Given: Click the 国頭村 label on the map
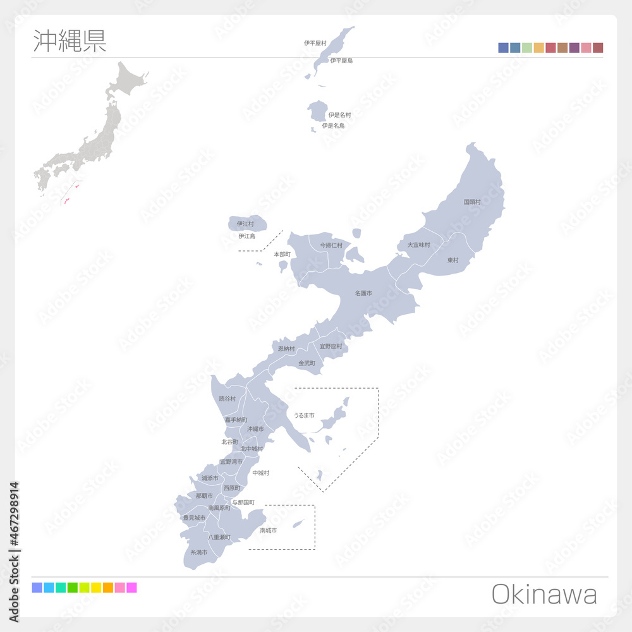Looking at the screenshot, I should click(x=472, y=202).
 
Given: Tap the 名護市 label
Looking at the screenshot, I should click(x=363, y=294).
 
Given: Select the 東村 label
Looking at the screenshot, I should click(x=453, y=260).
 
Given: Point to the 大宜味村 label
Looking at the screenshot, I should click(x=418, y=245).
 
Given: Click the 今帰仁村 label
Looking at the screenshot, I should click(x=331, y=245).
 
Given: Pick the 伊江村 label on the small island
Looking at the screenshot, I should click(x=245, y=224).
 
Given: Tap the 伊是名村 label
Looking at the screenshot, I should click(x=339, y=115).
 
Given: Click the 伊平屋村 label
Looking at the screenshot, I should click(x=315, y=43).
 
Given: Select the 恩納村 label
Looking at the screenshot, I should click(x=286, y=348).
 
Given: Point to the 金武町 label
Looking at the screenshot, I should click(x=307, y=363).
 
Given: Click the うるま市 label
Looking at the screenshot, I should click(x=304, y=415).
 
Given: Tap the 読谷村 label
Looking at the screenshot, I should click(x=228, y=399).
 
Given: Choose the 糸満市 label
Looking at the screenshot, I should click(x=199, y=552).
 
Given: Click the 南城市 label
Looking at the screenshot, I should click(x=268, y=530).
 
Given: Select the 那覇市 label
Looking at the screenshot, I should click(x=204, y=496).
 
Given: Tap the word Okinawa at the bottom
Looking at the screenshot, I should click(x=544, y=595).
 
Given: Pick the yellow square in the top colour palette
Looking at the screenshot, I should click(x=538, y=48).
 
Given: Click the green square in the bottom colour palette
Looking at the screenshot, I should click(x=73, y=588).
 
